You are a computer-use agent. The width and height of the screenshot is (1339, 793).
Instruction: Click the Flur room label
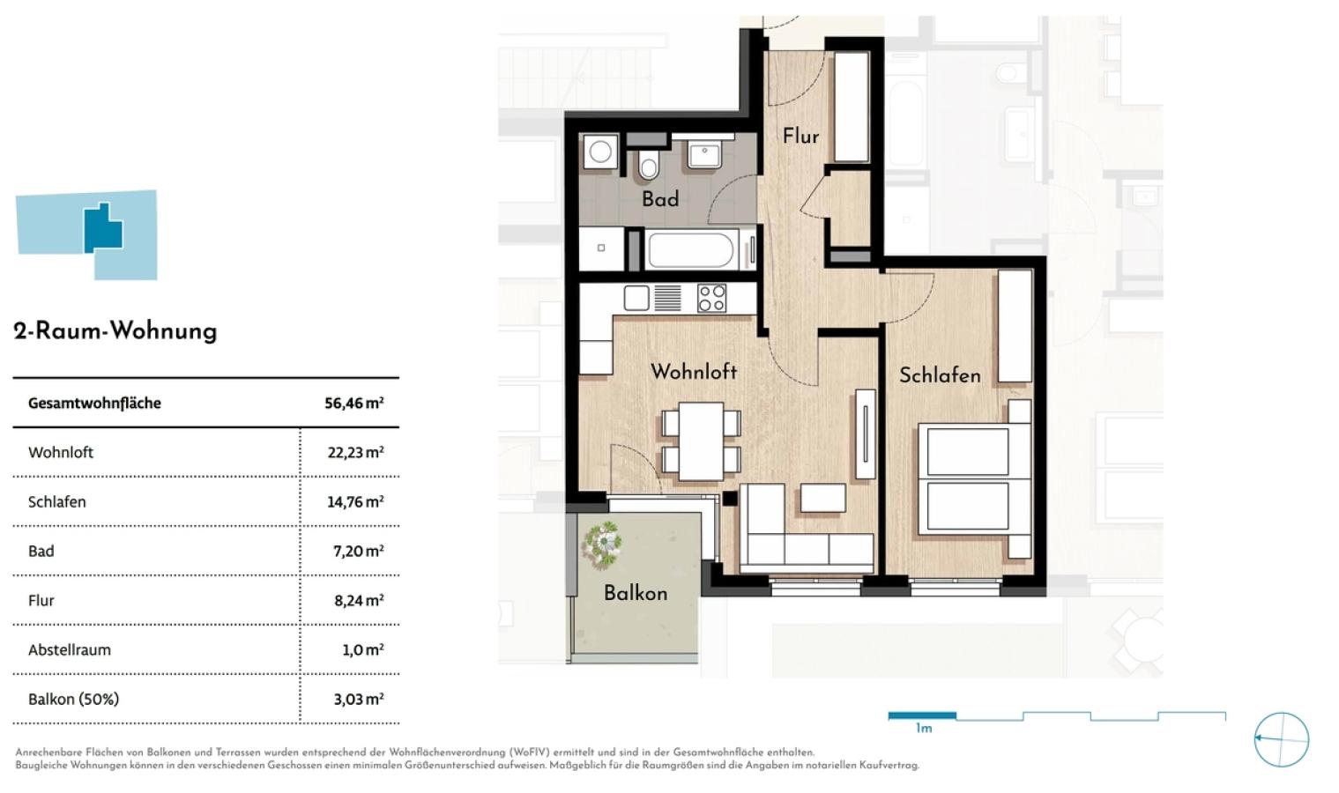click(x=800, y=137)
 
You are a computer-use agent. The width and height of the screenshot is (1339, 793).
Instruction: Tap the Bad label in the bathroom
click(x=660, y=199)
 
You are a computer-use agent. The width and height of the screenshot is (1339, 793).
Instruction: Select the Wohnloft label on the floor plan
click(x=694, y=372)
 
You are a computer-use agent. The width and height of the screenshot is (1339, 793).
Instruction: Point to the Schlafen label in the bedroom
click(x=940, y=375)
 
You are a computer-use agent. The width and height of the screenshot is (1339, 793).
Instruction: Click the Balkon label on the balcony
click(x=636, y=593)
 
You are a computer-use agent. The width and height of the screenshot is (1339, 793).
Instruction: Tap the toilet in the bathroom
click(x=648, y=164)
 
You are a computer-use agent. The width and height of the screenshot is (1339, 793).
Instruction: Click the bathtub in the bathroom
click(x=691, y=250)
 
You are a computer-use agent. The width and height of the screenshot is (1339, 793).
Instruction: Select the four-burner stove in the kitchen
click(x=712, y=298)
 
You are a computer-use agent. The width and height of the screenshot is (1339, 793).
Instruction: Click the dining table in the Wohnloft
click(x=701, y=441)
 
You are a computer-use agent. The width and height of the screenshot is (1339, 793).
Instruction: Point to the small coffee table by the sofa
click(x=823, y=498)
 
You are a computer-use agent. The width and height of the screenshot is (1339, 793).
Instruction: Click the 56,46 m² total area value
click(x=353, y=404)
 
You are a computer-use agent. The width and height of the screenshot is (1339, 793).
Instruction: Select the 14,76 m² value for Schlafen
click(x=355, y=502)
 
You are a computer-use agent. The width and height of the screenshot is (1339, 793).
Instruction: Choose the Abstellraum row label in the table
click(x=70, y=650)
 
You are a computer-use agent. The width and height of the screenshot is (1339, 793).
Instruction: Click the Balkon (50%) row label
click(x=73, y=700)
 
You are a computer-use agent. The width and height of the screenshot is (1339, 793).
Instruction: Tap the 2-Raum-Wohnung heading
click(x=115, y=331)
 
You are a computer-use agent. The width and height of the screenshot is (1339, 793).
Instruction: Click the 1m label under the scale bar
click(x=924, y=729)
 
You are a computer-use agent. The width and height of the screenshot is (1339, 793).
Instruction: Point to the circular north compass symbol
click(x=1281, y=739)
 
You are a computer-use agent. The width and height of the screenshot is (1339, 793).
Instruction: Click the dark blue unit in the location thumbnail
click(x=103, y=228)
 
